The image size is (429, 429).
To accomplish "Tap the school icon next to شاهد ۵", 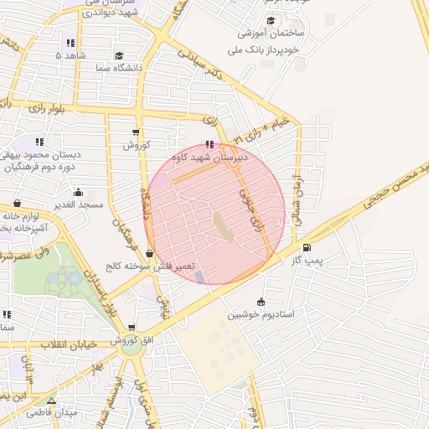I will [70, 43].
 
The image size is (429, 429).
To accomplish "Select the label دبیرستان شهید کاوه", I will [209, 157].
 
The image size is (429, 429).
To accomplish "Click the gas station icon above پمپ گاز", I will [306, 248].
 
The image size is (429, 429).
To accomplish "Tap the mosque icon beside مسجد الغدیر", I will [17, 204].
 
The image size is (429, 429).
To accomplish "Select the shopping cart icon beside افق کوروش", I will [132, 328].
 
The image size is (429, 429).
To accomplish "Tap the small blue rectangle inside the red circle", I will [199, 276].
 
